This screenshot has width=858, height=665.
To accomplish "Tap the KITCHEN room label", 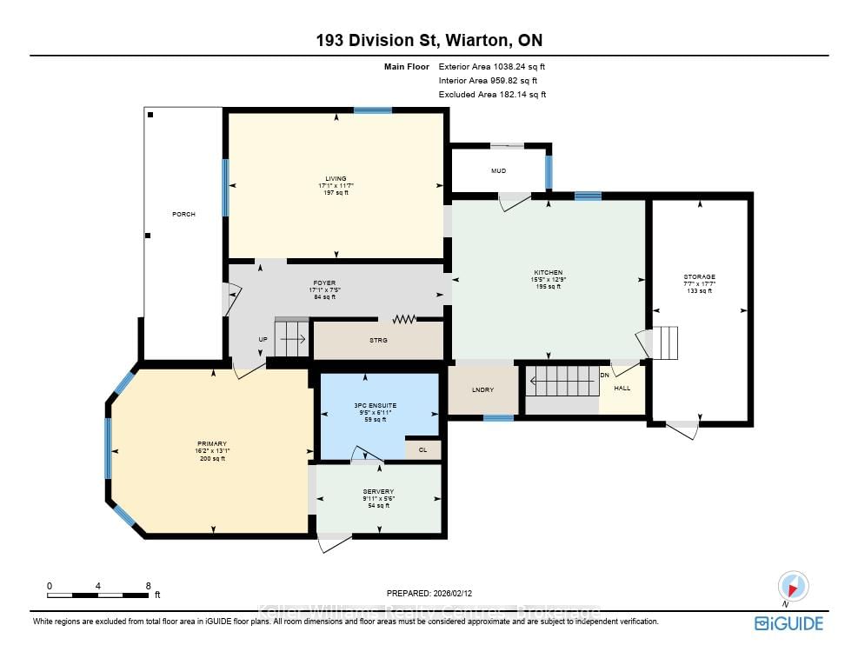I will point(549,272).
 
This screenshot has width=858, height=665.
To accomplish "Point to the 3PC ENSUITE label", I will point(376,405).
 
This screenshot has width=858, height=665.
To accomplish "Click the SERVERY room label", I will point(379,491).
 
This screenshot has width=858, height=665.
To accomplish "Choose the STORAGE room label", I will point(698,276).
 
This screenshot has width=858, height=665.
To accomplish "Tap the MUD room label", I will point(498,171).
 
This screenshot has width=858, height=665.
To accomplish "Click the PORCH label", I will point(183,214).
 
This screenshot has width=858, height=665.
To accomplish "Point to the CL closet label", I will point(422,449).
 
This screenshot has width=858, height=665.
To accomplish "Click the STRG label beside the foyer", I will point(378,341).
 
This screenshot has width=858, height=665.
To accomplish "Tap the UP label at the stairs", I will point(263,340).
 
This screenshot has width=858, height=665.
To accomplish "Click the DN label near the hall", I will point(605,376).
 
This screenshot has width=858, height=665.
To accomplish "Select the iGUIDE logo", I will point(788,622).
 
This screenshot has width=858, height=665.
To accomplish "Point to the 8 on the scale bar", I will point(149,586).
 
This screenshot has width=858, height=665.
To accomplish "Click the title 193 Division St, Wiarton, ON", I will point(429,40).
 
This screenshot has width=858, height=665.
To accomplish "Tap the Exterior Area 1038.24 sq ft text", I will point(492,66).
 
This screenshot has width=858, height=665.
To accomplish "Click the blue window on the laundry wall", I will point(498,418).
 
